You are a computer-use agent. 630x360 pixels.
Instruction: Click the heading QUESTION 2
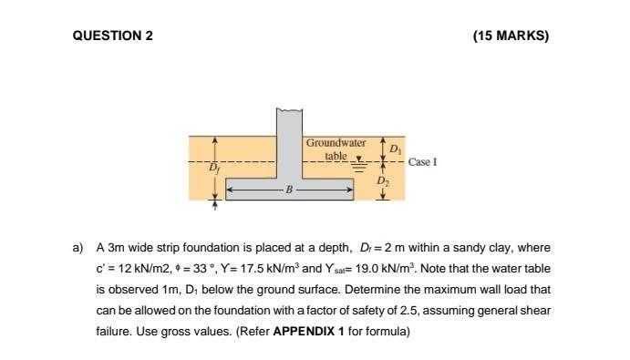click(x=113, y=36)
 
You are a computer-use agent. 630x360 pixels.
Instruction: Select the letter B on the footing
click(x=290, y=190)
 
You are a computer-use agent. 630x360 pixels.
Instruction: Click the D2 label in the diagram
click(x=383, y=182)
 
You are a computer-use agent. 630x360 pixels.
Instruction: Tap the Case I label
click(x=423, y=162)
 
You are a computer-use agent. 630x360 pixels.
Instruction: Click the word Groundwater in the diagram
click(x=336, y=143)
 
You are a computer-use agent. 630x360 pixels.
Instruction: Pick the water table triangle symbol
click(x=357, y=159)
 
